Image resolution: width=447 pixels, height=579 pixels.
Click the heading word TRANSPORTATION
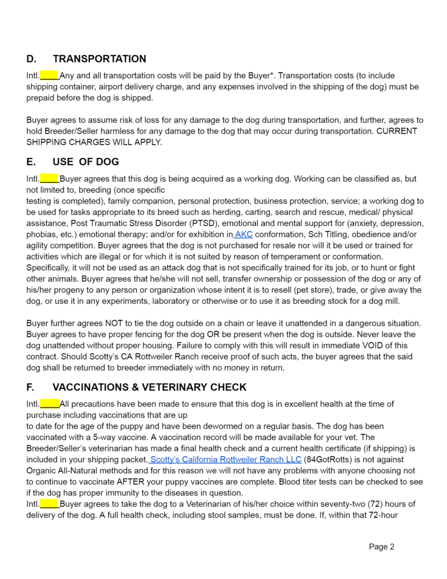tap(99, 59)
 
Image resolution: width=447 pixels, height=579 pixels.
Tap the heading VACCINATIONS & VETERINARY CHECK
tap(149, 387)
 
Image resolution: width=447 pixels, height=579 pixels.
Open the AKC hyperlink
tap(243, 235)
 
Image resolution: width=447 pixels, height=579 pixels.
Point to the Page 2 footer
tap(381, 546)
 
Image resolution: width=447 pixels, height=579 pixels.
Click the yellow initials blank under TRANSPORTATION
tap(49, 75)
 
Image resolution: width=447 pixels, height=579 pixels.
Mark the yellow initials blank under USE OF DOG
tap(49, 179)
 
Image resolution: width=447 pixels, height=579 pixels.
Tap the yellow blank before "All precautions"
tap(49, 404)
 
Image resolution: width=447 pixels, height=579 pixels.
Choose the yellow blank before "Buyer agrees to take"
tap(49, 504)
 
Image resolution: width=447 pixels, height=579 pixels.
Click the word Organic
tap(42, 470)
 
